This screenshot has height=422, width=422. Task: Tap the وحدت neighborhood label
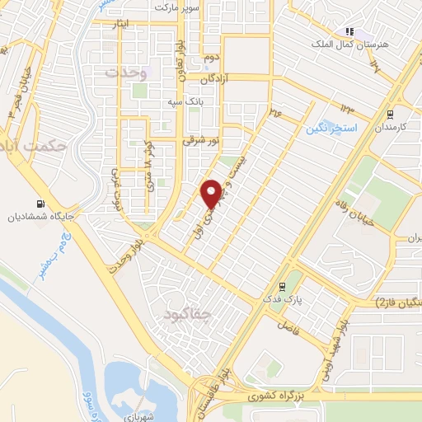tap(126, 73)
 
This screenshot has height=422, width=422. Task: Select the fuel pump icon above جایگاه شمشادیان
tap(39, 204)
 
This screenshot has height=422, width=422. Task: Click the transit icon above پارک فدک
tap(283, 288)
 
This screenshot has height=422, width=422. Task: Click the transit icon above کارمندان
tap(390, 115)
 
